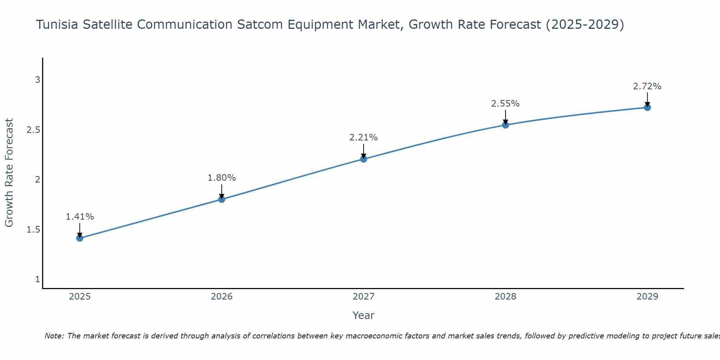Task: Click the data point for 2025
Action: (x=80, y=238)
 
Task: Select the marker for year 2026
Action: (x=222, y=199)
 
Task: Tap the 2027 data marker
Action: (x=364, y=159)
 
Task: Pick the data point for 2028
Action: (x=505, y=125)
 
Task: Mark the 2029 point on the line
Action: (x=647, y=107)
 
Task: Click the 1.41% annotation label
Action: (x=80, y=217)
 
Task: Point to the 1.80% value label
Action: (x=222, y=178)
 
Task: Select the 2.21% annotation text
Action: (x=364, y=138)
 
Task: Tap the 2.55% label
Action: (x=505, y=104)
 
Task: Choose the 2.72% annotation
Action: (x=647, y=86)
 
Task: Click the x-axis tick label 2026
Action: (x=222, y=297)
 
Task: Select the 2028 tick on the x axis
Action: (x=505, y=297)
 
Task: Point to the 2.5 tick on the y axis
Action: (x=33, y=130)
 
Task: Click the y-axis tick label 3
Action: (x=37, y=80)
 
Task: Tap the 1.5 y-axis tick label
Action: (x=33, y=230)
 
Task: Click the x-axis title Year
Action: (x=364, y=315)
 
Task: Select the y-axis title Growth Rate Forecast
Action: (x=9, y=173)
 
